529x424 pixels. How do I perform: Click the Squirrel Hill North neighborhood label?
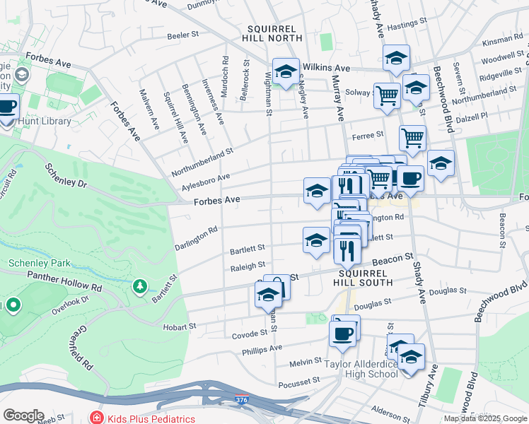pos(272,33)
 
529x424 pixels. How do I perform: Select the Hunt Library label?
pos(47,121)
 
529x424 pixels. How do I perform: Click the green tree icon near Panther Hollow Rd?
pos(140,286)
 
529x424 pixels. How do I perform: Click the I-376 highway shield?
pos(242,400)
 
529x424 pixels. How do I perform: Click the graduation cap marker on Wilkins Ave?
pos(286,72)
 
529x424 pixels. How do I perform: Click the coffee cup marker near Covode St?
pos(344,334)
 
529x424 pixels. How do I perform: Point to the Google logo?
pos(23,416)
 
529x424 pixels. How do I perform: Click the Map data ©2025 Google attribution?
pos(484,418)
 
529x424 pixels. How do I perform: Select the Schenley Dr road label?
pos(65,176)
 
